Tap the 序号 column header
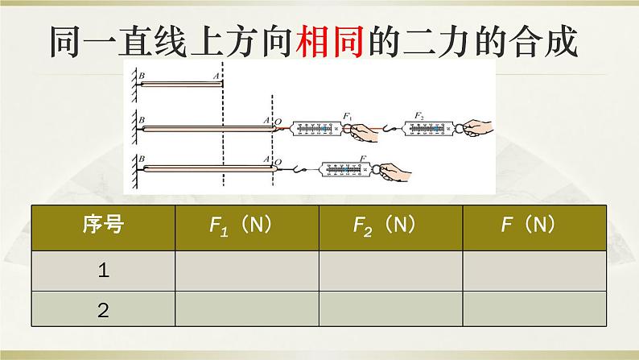click(x=103, y=226)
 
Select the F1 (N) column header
click(x=246, y=226)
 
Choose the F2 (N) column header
click(x=390, y=226)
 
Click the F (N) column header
click(x=534, y=226)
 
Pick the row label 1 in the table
click(x=103, y=271)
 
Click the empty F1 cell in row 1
click(x=246, y=271)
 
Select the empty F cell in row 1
click(x=534, y=271)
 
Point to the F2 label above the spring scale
click(x=418, y=117)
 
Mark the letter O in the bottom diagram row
click(x=278, y=162)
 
